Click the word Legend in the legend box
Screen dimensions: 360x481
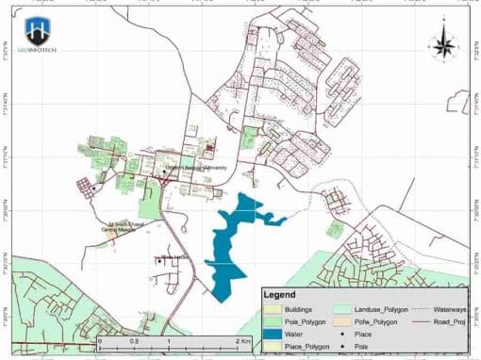279,295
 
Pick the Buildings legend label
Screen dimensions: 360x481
299,308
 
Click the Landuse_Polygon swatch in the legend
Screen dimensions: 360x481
342,308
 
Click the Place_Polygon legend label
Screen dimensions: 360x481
308,346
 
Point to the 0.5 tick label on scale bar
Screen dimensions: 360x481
134,339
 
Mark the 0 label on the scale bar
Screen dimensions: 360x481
100,339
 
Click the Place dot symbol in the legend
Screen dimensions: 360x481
342,334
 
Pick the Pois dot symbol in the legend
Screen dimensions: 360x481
342,346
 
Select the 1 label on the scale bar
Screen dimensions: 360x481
168,339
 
